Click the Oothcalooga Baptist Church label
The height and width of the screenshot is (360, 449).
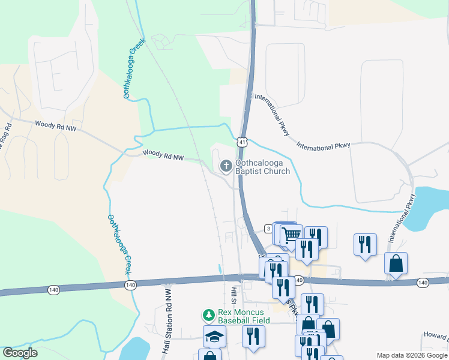262,166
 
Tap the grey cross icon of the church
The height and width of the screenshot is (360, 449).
226,166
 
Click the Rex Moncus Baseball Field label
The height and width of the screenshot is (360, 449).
244,316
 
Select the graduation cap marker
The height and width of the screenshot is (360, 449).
214,337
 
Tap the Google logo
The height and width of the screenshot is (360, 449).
20,353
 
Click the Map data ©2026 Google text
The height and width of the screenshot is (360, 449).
411,355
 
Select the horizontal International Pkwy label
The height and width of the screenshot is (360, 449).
323,146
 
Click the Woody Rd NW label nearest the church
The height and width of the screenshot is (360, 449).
163,156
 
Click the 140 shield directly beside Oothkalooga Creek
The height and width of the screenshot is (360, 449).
130,284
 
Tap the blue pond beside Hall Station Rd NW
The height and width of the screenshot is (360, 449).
134,350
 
